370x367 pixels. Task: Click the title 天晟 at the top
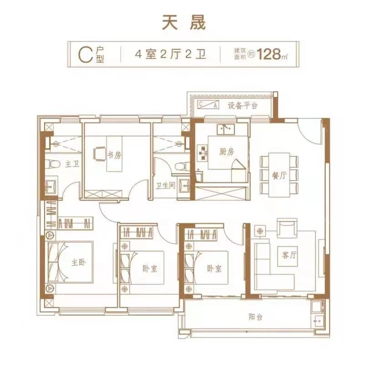tap(183, 23)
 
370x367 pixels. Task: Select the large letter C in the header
tap(85, 55)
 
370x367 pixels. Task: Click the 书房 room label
tap(114, 155)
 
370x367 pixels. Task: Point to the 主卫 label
tap(72, 163)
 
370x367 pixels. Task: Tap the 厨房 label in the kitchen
tap(227, 152)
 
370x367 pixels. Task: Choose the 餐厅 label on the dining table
tap(279, 176)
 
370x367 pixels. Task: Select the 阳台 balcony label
tap(256, 317)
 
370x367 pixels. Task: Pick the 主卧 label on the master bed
tap(79, 262)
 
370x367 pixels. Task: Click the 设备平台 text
tap(242, 105)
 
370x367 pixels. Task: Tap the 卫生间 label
tap(166, 186)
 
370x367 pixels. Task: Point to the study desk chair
tap(100, 154)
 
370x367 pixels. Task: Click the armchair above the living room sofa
tap(287, 228)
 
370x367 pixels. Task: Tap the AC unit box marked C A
tap(208, 105)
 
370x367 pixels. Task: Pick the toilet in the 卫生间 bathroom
tap(182, 166)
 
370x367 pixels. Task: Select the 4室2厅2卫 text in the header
tap(170, 55)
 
